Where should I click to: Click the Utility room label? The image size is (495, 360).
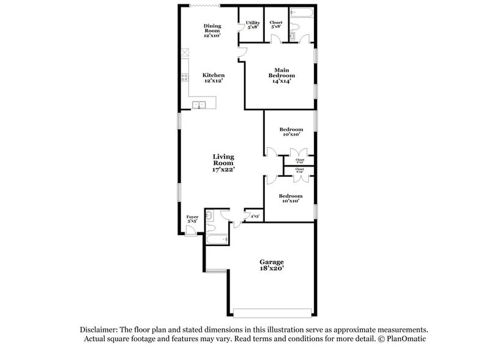coord(253,23)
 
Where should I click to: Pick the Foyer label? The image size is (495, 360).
coord(192,217)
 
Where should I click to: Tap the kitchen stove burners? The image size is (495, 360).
coord(184,78)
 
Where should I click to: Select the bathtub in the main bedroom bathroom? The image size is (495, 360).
coord(302,12)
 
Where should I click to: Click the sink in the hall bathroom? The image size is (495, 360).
coord(209,215)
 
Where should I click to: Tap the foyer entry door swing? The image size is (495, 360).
coord(191,230)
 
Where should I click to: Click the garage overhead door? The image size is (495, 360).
coord(272,309)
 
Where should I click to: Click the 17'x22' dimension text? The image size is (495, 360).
coord(223,170)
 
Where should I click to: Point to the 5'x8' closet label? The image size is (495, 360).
coord(276,27)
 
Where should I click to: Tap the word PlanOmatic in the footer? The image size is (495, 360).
coord(406,339)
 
